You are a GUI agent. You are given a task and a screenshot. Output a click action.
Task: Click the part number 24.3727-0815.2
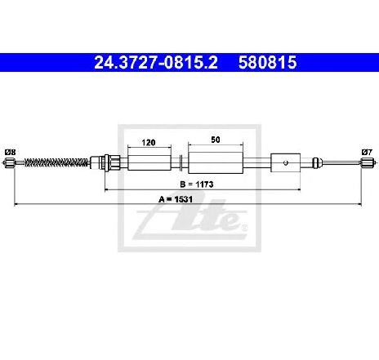[x=156, y=62]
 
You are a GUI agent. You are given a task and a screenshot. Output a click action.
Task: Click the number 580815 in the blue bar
[x=267, y=62]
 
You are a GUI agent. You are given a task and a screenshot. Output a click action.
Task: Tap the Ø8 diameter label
[x=11, y=152]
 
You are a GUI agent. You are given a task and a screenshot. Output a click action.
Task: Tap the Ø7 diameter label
[x=367, y=152]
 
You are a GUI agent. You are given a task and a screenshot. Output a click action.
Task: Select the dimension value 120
[x=149, y=142]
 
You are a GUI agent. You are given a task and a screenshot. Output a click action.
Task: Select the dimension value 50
[x=216, y=140]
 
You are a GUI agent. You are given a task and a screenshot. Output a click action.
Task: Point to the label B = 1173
[x=197, y=184]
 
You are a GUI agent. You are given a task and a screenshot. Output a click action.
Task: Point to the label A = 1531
[x=176, y=199]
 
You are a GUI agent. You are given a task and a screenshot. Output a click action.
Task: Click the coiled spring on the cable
[x=56, y=162]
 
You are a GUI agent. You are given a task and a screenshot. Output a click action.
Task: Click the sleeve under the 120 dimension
[x=149, y=162]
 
